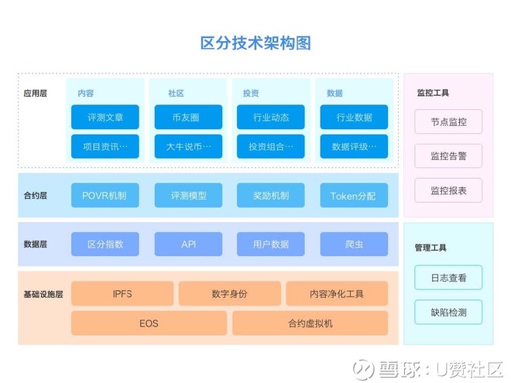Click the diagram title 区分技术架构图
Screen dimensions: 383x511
click(x=256, y=43)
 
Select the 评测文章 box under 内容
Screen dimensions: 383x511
click(x=105, y=118)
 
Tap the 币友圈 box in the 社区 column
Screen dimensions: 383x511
click(x=187, y=118)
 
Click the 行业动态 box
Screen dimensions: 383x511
click(x=271, y=118)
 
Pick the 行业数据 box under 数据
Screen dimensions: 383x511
click(x=354, y=118)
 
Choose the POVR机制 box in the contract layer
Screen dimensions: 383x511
click(x=105, y=196)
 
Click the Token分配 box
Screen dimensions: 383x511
click(x=354, y=196)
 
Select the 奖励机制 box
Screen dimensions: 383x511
click(x=271, y=196)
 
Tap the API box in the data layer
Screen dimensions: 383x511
click(x=188, y=245)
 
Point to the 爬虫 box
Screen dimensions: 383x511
click(x=354, y=245)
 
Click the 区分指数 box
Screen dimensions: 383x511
click(x=105, y=245)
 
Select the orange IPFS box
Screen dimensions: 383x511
click(x=122, y=294)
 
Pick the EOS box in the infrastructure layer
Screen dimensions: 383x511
click(x=149, y=323)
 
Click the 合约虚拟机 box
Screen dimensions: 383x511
click(x=310, y=323)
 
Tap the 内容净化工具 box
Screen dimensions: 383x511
click(x=337, y=294)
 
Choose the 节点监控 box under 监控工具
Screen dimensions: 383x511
click(x=448, y=122)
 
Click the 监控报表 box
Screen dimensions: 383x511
click(x=448, y=190)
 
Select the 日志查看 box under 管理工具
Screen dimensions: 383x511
click(x=448, y=277)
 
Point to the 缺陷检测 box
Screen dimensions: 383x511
click(x=448, y=312)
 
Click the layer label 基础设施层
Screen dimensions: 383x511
click(x=44, y=294)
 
